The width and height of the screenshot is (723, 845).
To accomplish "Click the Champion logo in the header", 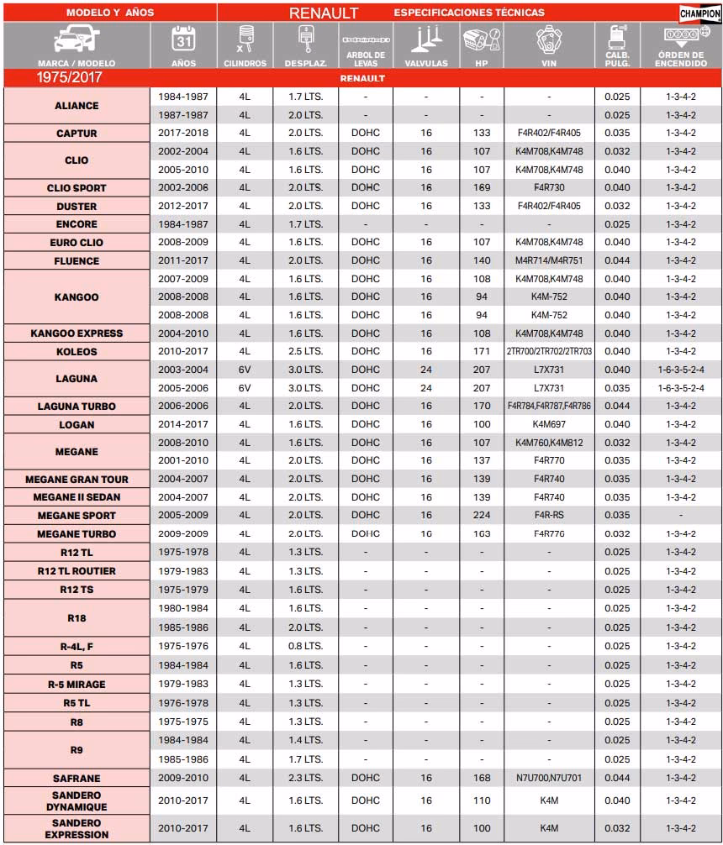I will tap(699, 13).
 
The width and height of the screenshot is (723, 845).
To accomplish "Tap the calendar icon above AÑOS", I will tap(183, 40).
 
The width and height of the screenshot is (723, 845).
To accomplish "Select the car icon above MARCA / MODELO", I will tap(77, 40).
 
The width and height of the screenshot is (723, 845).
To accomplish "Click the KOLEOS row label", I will tap(77, 352).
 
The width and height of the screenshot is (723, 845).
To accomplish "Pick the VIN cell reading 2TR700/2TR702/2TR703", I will tap(549, 352).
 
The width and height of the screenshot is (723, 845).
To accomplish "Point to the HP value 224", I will tap(482, 516).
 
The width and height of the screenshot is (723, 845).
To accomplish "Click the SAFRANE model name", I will tap(77, 778).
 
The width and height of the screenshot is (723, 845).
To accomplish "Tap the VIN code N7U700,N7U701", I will tap(549, 778).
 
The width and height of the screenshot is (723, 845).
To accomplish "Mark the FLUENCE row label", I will tap(77, 261).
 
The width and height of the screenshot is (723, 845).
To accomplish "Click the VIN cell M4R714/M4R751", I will tap(549, 261).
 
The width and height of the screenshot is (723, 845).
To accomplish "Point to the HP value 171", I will tap(482, 352).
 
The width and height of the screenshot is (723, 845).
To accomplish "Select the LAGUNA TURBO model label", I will tap(77, 407).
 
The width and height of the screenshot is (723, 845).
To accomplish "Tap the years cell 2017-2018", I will tap(183, 134).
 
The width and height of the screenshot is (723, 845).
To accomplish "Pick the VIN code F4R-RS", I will tap(549, 516).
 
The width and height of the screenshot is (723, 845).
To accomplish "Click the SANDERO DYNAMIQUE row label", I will tap(77, 801).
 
